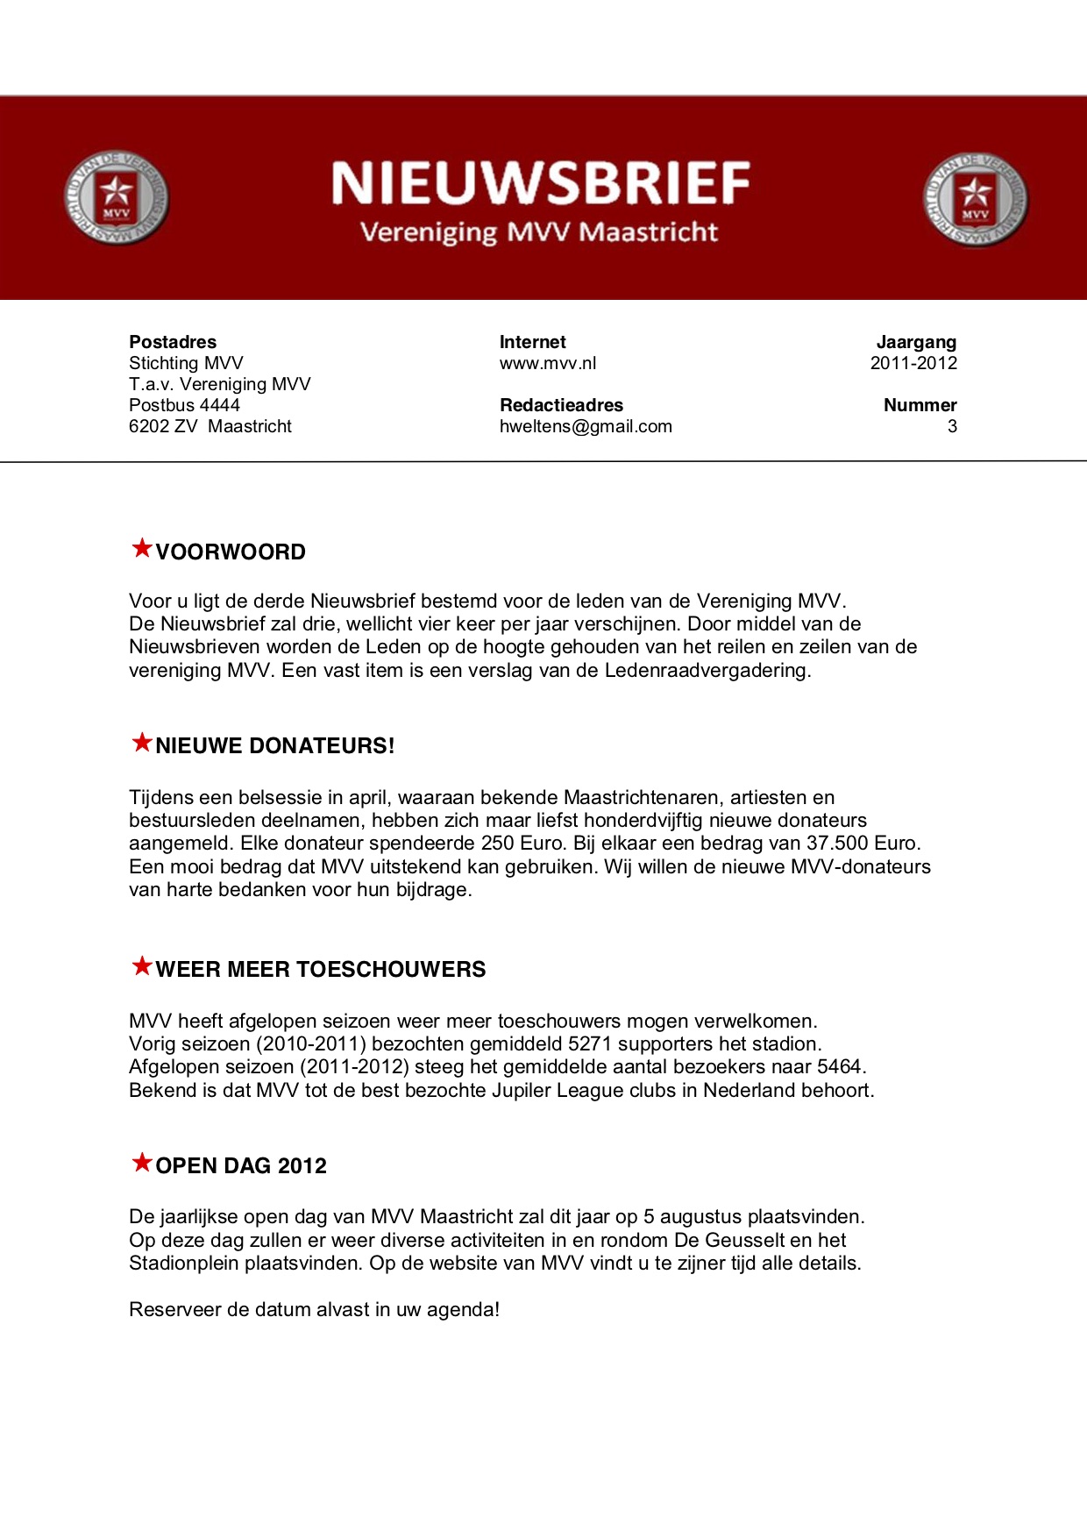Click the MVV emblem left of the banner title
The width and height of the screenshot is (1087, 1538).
[116, 198]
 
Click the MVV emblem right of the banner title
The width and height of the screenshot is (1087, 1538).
[975, 199]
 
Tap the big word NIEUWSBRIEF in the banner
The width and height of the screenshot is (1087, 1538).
[540, 183]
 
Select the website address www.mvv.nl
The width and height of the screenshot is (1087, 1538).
[548, 363]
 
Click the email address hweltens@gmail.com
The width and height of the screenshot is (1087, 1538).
[586, 426]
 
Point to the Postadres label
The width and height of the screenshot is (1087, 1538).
[173, 342]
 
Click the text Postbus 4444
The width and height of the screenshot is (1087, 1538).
[184, 405]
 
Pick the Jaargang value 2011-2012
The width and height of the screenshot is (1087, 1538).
[913, 363]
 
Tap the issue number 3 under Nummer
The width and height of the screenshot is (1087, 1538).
[952, 426]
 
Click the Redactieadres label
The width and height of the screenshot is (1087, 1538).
[561, 405]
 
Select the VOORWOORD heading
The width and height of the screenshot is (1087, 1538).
[231, 552]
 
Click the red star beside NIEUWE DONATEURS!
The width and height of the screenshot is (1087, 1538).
[141, 743]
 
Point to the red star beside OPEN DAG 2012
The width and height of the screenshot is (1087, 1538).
[141, 1163]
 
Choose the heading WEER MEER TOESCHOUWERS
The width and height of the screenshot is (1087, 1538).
[321, 970]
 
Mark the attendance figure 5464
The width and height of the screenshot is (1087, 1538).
[839, 1067]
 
